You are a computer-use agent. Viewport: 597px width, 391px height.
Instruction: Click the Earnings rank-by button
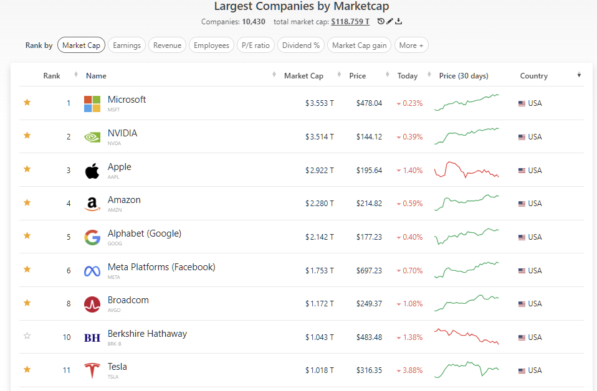coord(127,45)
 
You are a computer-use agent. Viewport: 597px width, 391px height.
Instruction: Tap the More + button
coord(411,45)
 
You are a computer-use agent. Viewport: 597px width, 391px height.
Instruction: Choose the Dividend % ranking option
coord(301,45)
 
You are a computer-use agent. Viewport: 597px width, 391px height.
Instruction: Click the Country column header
coord(533,76)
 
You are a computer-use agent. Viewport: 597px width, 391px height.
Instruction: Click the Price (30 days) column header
coord(464,76)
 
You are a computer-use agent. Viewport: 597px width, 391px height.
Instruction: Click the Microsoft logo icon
coord(92,103)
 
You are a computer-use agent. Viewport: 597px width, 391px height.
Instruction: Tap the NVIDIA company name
coord(122,133)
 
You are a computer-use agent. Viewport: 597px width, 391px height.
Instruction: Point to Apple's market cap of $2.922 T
coord(319,171)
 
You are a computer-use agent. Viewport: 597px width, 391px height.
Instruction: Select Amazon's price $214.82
coord(369,204)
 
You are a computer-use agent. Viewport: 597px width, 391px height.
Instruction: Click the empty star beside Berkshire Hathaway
coord(27,337)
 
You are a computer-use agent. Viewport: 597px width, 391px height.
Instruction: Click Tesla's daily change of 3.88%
coord(412,370)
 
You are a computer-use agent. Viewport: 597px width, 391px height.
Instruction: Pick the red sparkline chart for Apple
coord(467,170)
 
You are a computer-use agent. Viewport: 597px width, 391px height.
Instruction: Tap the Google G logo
coord(92,237)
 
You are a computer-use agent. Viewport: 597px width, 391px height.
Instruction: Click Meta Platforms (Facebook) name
coord(161,267)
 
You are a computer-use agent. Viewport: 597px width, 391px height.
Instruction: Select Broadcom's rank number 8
coord(69,304)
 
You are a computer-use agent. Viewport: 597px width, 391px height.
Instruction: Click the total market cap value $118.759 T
coord(350,22)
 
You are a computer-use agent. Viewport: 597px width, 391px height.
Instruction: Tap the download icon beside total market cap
coord(399,22)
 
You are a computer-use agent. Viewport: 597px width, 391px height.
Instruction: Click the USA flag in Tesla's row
coord(522,370)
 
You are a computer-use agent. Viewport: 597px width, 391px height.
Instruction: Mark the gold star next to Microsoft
coord(27,103)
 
